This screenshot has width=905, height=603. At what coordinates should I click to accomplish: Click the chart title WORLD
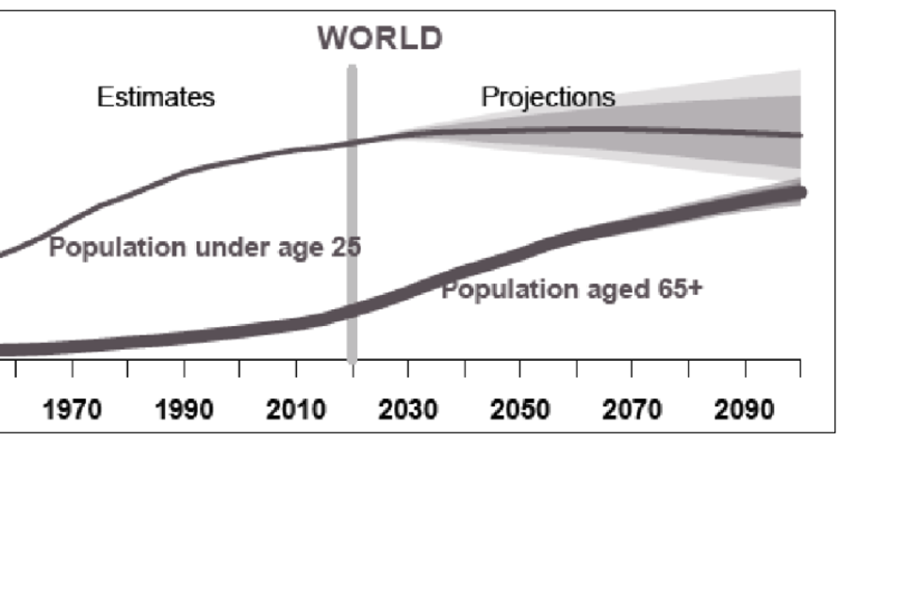379,39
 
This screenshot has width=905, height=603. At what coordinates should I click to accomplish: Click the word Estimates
156,97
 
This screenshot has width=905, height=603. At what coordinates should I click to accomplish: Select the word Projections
548,97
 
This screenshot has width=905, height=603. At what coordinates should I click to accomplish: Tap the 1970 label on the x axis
73,411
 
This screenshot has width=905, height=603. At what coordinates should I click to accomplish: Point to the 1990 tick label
183,411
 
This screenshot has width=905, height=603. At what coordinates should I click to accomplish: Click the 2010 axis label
295,411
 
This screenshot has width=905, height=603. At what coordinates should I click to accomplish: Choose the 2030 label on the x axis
407,411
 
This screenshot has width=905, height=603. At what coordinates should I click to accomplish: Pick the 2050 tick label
519,411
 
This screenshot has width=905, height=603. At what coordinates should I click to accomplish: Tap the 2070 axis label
632,411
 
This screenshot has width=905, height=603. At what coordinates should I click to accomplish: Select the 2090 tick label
744,411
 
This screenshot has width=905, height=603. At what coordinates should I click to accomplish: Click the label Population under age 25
205,249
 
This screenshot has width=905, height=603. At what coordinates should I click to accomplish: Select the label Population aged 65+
572,289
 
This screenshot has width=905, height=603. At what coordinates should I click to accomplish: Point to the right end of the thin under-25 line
799,136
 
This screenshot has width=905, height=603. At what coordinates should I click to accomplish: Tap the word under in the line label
222,249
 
